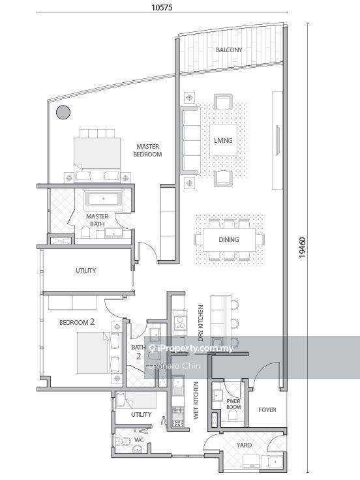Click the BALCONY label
(229, 50)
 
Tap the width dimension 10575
(162, 7)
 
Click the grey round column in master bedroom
(63, 112)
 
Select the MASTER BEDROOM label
(147, 150)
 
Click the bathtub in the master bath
(104, 199)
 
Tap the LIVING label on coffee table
(223, 140)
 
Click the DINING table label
(229, 240)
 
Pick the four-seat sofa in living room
(190, 141)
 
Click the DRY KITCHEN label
(201, 323)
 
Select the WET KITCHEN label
(196, 400)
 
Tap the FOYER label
(267, 410)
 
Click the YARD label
(244, 445)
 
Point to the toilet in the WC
(120, 441)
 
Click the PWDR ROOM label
(233, 404)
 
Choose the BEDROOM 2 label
(77, 322)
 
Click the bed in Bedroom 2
(93, 353)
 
